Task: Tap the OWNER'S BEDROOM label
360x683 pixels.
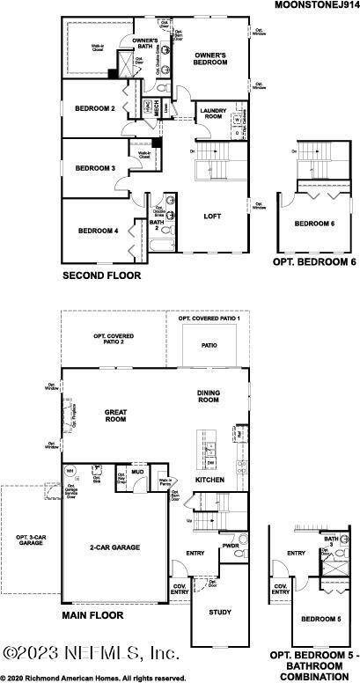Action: [210, 59]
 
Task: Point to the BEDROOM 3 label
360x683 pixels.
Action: [94, 167]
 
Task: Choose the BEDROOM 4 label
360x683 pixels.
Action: [98, 231]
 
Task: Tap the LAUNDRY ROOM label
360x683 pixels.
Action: [214, 114]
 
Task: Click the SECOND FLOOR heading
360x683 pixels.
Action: [101, 276]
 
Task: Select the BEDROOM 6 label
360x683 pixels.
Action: [314, 224]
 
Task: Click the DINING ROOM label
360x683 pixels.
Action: [207, 397]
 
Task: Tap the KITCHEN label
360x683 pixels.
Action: [209, 480]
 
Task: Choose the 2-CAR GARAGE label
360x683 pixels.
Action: [114, 547]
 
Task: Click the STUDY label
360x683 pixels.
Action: [219, 612]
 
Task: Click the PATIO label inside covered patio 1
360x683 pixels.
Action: [209, 346]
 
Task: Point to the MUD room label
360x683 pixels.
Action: [137, 472]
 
